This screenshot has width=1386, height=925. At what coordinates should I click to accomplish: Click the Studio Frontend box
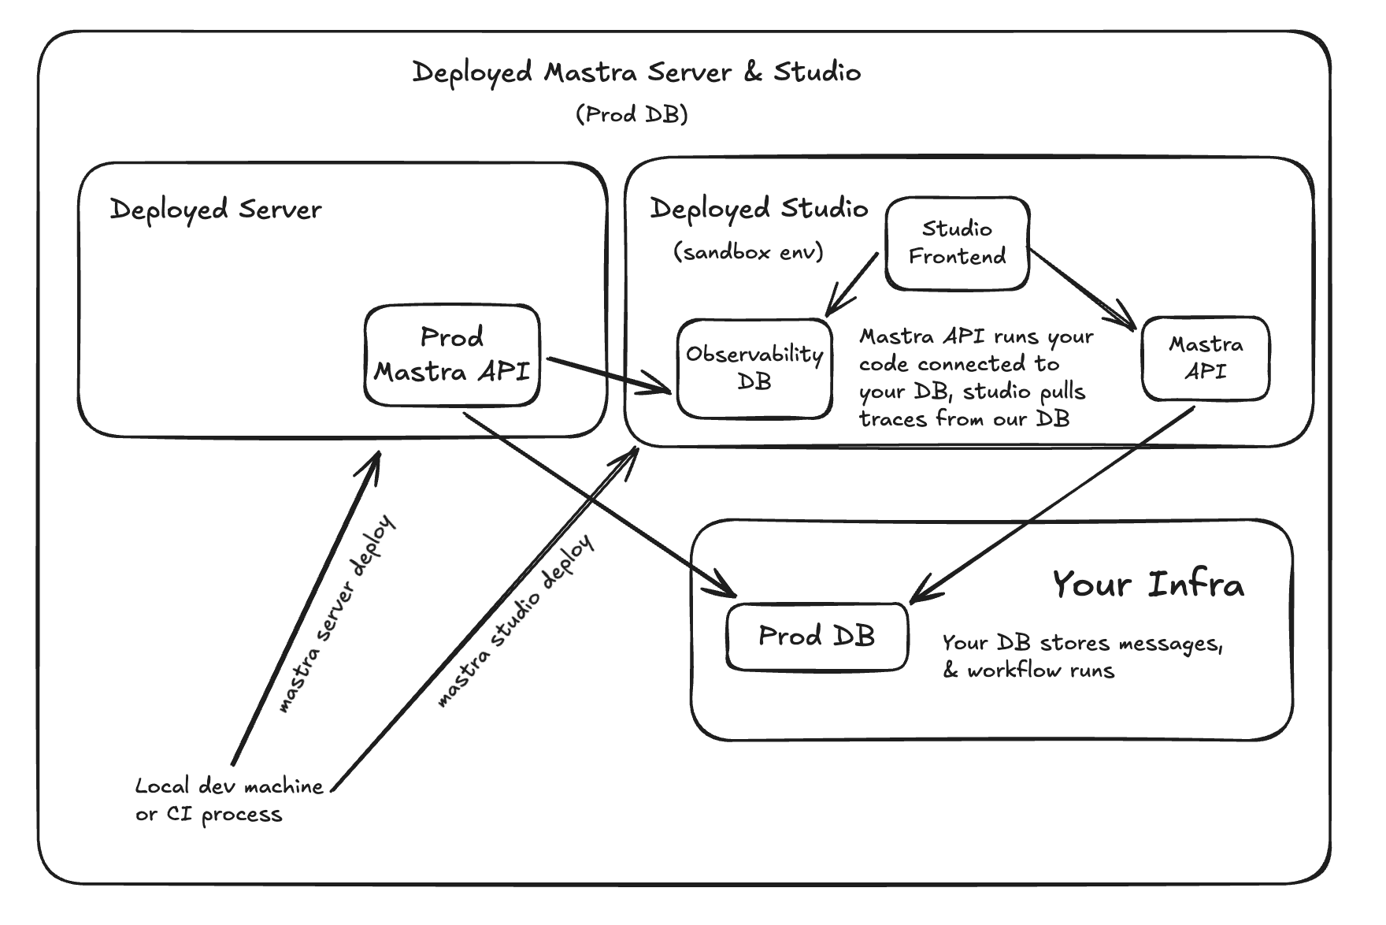[957, 243]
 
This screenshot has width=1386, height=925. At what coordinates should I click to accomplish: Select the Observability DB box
[754, 368]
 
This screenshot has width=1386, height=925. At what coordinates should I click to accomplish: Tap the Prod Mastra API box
[452, 355]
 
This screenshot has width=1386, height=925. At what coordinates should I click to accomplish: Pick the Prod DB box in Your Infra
[817, 636]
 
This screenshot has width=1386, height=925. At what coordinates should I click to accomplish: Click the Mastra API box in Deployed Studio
[1205, 358]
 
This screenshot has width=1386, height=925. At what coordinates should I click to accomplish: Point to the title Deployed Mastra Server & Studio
[636, 72]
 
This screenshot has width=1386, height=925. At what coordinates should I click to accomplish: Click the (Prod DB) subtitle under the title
[632, 115]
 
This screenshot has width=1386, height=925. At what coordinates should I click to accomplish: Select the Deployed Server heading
[216, 210]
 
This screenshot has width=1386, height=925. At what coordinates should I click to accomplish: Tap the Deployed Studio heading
[758, 209]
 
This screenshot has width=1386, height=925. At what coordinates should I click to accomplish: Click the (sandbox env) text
[748, 252]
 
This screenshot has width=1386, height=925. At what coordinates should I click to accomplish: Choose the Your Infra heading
[1148, 585]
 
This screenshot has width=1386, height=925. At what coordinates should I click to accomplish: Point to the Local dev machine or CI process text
[228, 800]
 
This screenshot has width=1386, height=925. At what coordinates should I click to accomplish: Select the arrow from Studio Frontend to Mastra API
[1083, 288]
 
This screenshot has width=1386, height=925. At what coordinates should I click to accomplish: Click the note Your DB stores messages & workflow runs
[1082, 656]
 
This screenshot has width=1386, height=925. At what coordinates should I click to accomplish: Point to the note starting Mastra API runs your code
[975, 377]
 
